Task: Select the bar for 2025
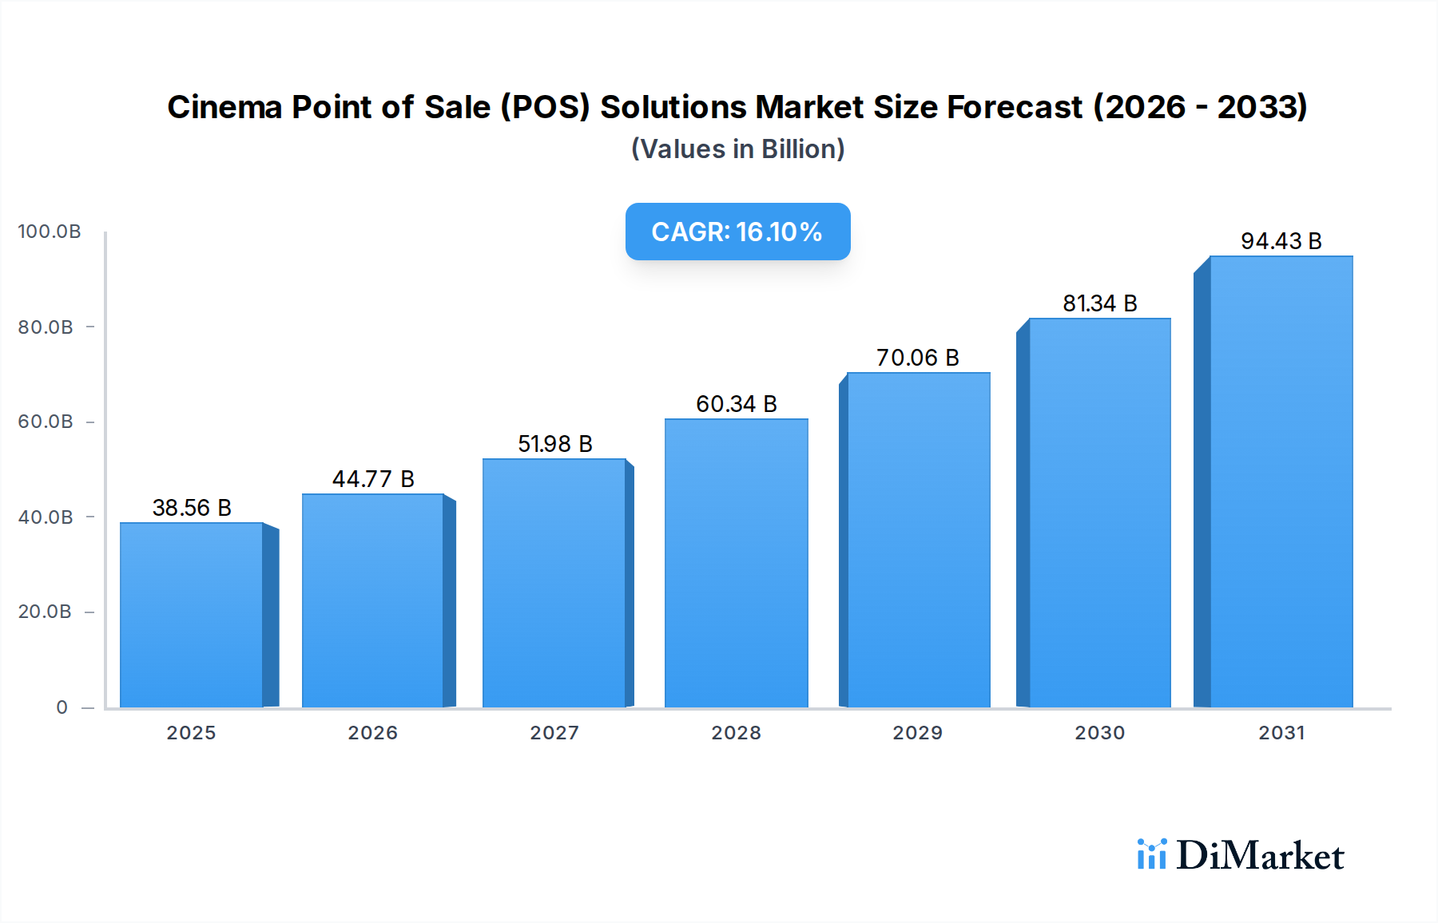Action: pos(192,615)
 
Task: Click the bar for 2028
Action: pos(736,563)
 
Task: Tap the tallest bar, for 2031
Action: pos(1281,481)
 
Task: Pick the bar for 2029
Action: pos(918,540)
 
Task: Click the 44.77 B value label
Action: pos(373,479)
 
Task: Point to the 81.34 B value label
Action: pos(1099,303)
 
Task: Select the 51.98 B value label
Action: pos(554,444)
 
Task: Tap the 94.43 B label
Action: pos(1281,241)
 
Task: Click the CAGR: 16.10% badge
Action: pos(737,232)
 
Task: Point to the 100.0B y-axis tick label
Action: pos(50,232)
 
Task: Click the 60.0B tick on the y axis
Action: pos(46,422)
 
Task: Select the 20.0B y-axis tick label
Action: pos(45,612)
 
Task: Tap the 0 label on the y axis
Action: pos(62,707)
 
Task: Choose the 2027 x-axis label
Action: pos(554,733)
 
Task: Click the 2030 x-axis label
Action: pos(1099,733)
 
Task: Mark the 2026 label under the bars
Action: pos(373,733)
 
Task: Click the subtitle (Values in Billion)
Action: pos(737,149)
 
